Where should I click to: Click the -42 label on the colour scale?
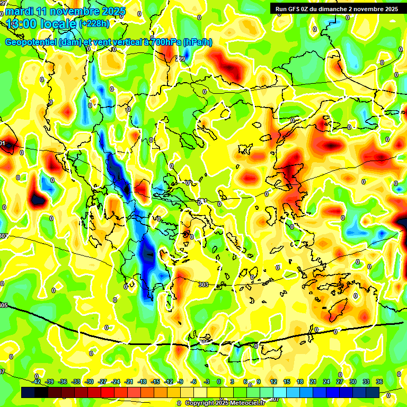click(37, 382)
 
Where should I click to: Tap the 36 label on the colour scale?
click(379, 382)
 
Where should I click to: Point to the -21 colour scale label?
click(129, 382)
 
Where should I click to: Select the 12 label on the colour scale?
click(273, 382)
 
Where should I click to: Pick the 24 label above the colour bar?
click(326, 382)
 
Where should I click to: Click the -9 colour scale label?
click(180, 382)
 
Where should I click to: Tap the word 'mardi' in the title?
click(19, 11)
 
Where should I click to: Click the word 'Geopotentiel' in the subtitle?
click(32, 42)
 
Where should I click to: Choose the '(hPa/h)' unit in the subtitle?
click(197, 42)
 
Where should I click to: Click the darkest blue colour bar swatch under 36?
click(373, 392)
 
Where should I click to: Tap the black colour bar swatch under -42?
click(28, 392)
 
